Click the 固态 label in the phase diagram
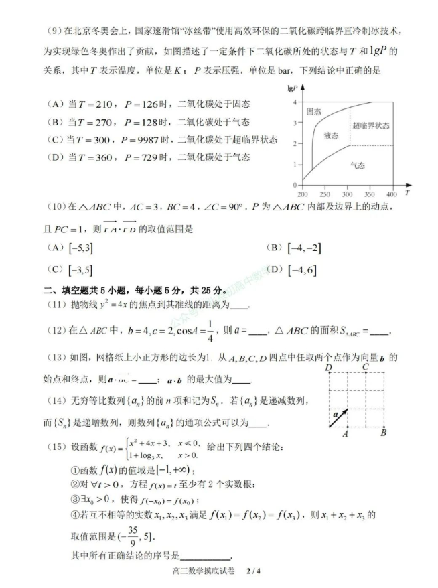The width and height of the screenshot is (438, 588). click(x=313, y=111)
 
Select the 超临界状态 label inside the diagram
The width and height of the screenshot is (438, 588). click(x=370, y=125)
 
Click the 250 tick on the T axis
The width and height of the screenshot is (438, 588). click(x=325, y=194)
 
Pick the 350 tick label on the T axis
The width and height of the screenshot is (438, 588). click(x=370, y=194)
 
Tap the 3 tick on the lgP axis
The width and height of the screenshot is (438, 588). click(x=294, y=123)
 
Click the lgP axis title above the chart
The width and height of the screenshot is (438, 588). click(x=291, y=88)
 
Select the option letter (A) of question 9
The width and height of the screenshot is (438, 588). click(x=55, y=104)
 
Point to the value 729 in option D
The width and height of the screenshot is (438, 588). click(x=147, y=157)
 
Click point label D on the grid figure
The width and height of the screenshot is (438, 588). click(x=329, y=368)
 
